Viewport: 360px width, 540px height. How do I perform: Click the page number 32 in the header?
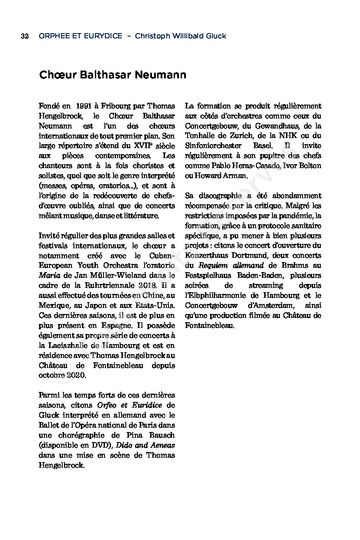(24, 36)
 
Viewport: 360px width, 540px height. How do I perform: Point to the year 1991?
(86, 106)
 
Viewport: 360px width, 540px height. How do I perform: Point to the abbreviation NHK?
(289, 136)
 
